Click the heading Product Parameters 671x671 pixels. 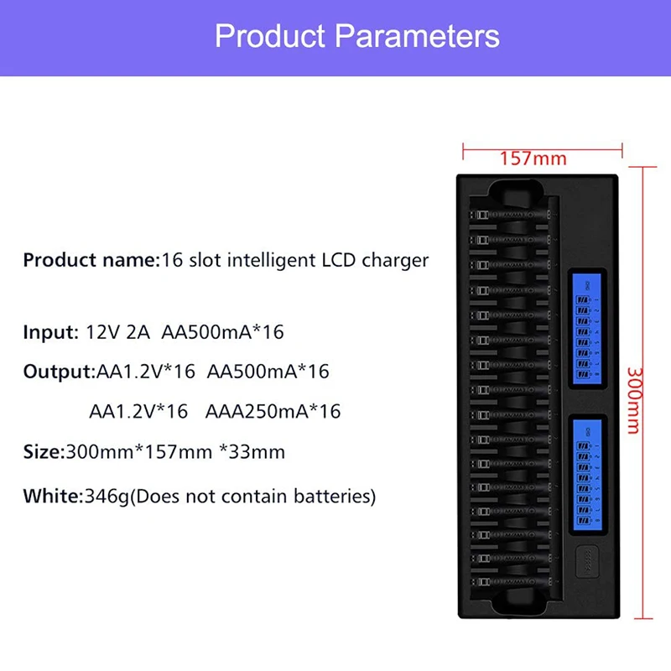(356, 36)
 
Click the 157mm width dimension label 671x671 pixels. (533, 158)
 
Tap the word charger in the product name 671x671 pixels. (395, 260)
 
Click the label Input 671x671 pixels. (49, 332)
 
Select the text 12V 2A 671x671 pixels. (117, 332)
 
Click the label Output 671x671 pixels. (56, 372)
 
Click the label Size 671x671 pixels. (42, 452)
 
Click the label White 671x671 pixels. (52, 496)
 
